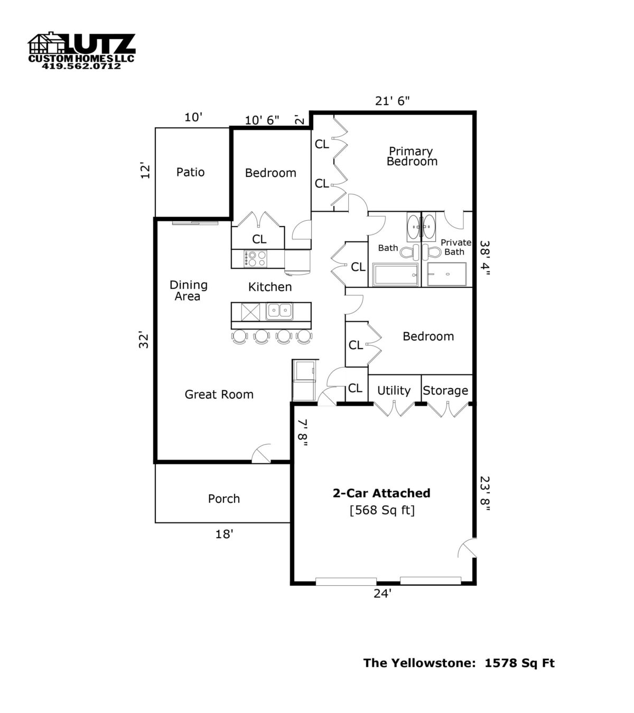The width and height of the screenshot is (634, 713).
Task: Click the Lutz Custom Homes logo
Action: point(81,51)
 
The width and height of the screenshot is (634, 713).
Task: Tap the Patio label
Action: point(190,172)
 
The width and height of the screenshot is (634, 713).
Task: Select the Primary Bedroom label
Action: point(412,156)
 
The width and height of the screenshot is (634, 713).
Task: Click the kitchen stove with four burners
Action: point(256,258)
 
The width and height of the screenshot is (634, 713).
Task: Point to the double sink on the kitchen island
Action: point(279,311)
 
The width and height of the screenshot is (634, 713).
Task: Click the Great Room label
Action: point(219,395)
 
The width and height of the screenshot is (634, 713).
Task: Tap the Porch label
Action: point(223,499)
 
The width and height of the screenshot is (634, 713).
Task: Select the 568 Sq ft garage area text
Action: point(382,510)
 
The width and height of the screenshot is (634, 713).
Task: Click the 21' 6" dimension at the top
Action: point(393,101)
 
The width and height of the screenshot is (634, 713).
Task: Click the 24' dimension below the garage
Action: point(382,594)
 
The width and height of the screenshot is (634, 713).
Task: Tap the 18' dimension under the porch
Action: point(224,534)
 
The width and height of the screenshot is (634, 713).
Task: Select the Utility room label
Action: point(394,390)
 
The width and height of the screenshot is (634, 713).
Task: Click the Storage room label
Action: point(445,390)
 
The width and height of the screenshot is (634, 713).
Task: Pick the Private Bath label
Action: point(455,247)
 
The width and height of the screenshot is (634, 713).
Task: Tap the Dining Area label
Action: point(188,290)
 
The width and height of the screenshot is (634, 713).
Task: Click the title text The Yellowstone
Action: point(417,663)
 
